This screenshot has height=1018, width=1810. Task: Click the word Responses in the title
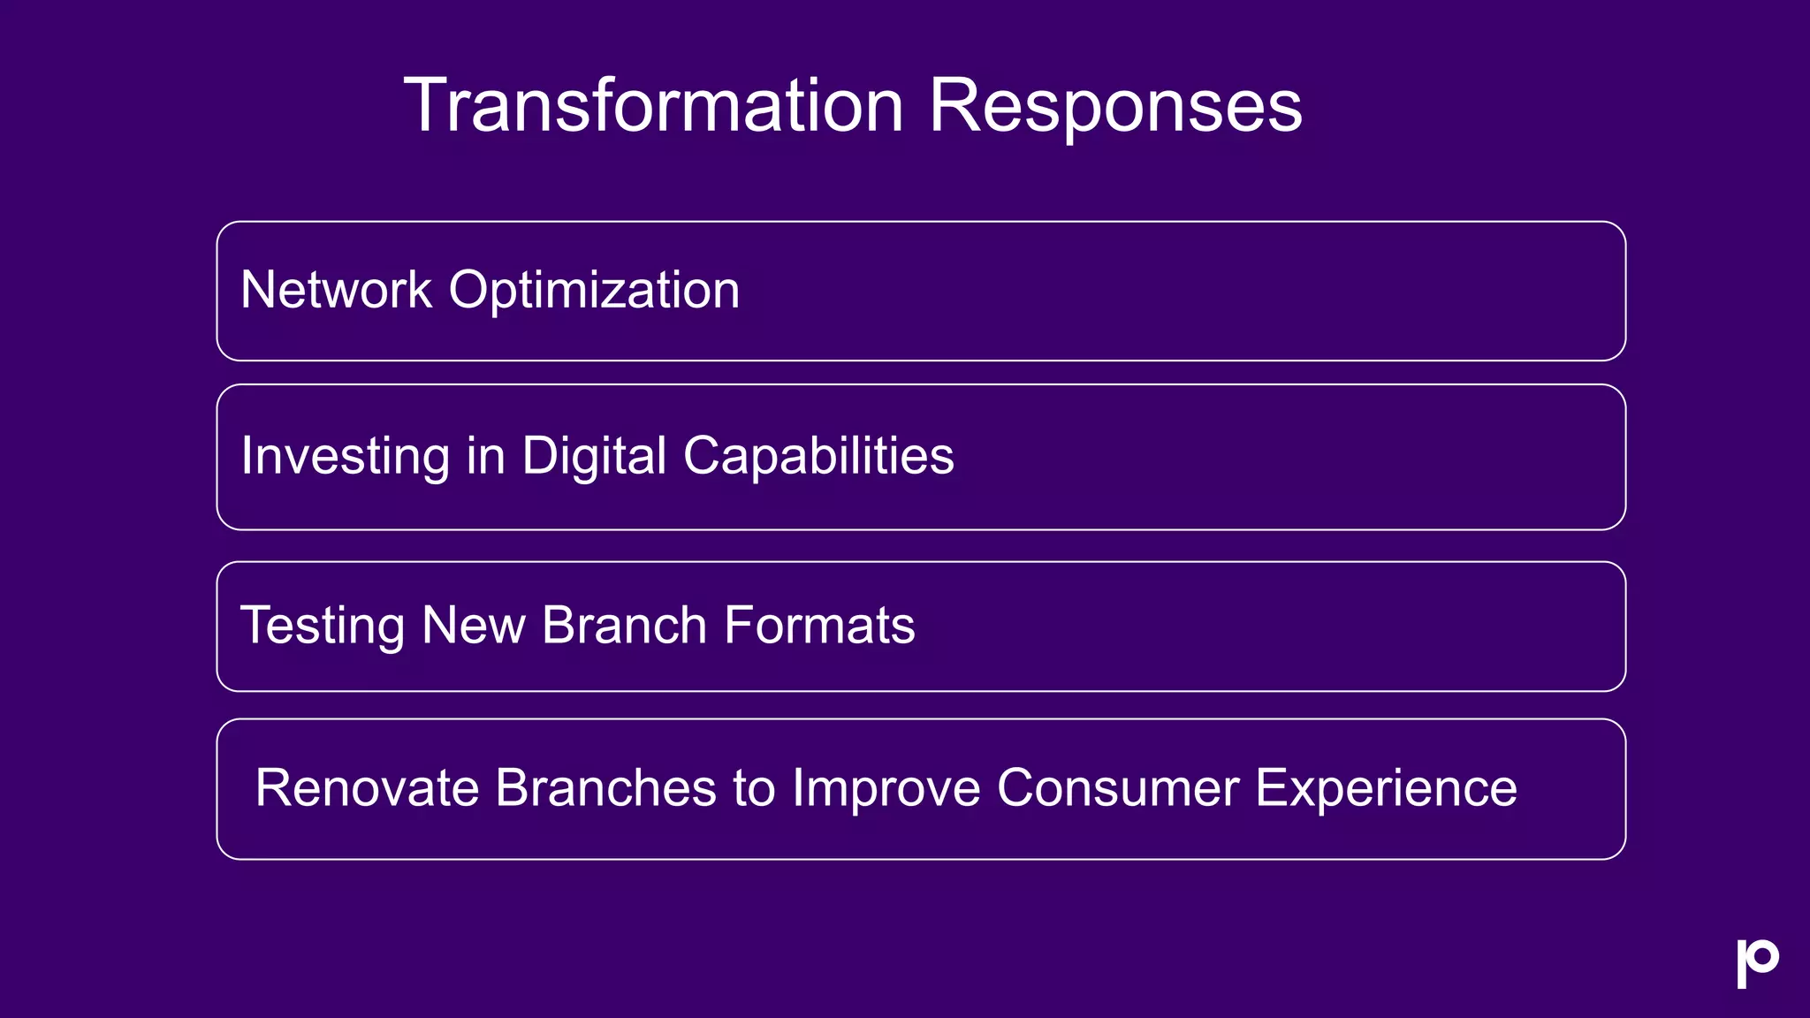pos(1114,105)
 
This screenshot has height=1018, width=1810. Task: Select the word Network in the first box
pos(336,290)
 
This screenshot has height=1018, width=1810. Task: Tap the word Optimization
pos(594,290)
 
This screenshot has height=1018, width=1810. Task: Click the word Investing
pos(345,456)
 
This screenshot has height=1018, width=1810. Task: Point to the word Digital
pos(594,456)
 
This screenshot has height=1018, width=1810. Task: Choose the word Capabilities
pos(818,456)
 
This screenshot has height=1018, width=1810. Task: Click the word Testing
pos(322,626)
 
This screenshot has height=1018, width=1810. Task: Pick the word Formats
pos(819,626)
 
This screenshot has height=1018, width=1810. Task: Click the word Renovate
pos(366,787)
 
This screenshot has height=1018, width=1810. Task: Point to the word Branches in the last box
pos(605,787)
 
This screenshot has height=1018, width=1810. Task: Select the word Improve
pos(886,787)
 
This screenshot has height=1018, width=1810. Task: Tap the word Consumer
pos(1118,787)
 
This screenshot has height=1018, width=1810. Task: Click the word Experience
pos(1386,787)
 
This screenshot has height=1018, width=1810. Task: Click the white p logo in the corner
pos(1757,962)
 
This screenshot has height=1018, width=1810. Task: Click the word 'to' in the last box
pos(754,787)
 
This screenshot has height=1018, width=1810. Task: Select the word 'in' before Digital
pos(485,456)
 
